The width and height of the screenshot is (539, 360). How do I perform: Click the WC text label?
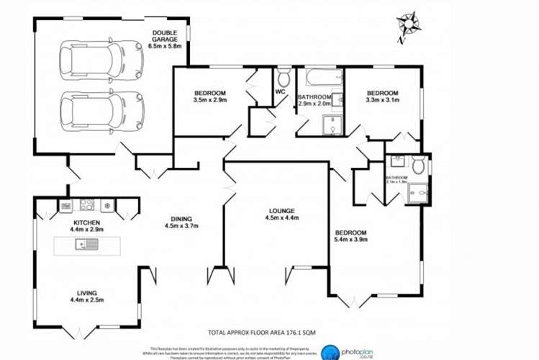tap(281, 93)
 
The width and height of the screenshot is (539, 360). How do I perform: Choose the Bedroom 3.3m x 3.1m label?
tap(382, 97)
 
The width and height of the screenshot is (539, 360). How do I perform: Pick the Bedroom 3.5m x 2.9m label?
tap(210, 97)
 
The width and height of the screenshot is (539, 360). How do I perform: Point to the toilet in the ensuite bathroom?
tap(398, 161)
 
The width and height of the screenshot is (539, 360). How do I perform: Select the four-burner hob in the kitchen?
tap(87, 204)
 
